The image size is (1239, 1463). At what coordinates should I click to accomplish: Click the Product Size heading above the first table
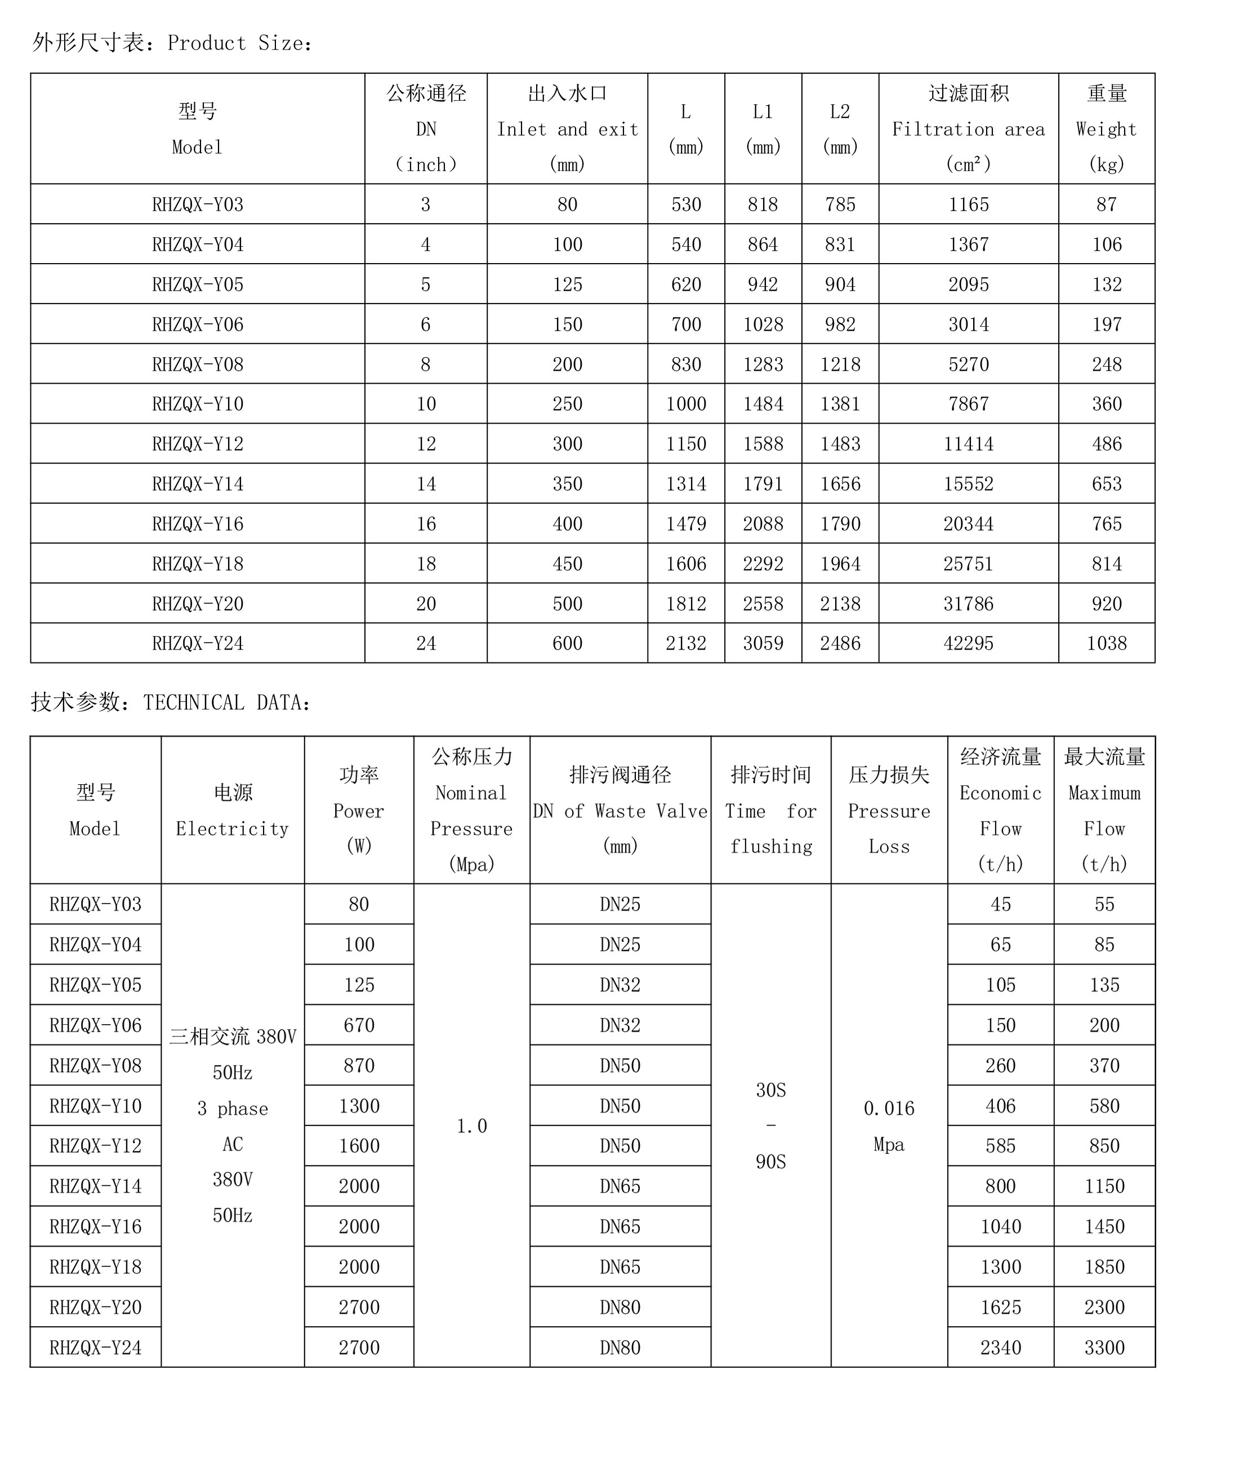(172, 43)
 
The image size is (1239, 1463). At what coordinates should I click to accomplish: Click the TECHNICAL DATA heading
(171, 702)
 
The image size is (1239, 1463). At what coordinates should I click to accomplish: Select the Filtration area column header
(968, 128)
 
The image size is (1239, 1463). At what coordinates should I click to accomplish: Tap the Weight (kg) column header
(1106, 128)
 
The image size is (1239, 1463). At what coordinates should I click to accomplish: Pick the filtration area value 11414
(968, 443)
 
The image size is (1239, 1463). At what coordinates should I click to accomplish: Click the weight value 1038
(1106, 643)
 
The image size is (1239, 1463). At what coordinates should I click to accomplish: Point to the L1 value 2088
(763, 523)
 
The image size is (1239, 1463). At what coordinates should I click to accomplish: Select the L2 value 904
(840, 284)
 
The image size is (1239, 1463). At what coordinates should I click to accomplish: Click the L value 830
(685, 364)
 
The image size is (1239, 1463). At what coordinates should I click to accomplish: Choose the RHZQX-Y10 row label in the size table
(197, 404)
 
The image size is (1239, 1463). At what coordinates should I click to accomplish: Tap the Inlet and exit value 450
(567, 563)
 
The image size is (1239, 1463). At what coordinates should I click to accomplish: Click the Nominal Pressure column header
(471, 810)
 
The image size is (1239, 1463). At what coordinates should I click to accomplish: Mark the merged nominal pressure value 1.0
(471, 1126)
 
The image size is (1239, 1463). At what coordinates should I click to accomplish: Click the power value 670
(359, 1025)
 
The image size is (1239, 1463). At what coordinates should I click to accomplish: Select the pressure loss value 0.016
(889, 1108)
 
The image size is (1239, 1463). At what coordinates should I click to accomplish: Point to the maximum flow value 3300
(1104, 1347)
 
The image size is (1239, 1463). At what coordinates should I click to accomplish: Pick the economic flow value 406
(1000, 1106)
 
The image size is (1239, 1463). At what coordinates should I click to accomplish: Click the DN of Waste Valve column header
(620, 810)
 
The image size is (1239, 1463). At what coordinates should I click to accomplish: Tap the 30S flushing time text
(770, 1090)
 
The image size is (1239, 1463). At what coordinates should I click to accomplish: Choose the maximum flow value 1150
(1104, 1186)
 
